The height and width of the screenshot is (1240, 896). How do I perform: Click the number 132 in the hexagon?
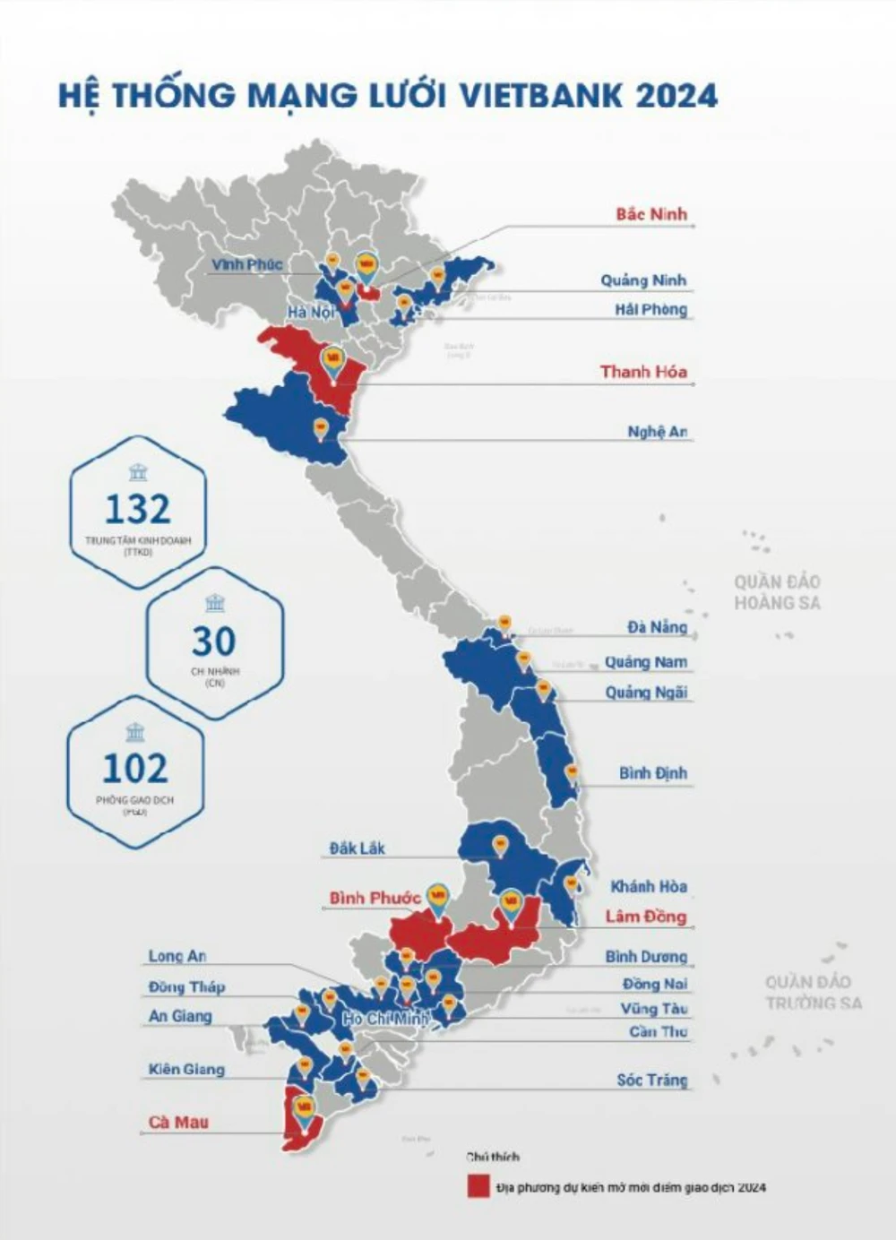point(137,509)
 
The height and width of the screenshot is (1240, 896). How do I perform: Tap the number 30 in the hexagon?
point(213,642)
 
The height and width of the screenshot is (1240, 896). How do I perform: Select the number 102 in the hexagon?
point(134,769)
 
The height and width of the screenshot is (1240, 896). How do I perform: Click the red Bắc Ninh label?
point(651,214)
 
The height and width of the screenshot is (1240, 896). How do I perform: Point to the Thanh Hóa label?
point(643,372)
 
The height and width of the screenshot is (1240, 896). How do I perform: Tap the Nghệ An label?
point(657,432)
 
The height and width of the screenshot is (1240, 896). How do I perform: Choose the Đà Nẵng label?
point(657,627)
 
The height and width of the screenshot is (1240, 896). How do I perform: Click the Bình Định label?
point(653,773)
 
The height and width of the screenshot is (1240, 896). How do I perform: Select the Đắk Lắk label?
point(357,848)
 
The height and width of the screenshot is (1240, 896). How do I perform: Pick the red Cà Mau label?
point(178,1122)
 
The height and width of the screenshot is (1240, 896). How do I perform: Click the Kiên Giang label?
point(186,1069)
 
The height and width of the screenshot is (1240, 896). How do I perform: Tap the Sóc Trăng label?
point(651,1080)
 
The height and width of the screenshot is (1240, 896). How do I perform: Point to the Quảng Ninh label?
point(643,280)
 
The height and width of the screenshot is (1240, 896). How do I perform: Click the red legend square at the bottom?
point(478,1186)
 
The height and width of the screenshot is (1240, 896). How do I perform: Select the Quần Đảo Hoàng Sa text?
point(777,592)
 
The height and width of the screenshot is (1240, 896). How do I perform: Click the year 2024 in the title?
point(676,95)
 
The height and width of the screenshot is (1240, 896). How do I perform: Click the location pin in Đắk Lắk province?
point(500,845)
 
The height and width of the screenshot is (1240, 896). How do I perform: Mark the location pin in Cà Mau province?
point(305,1108)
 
